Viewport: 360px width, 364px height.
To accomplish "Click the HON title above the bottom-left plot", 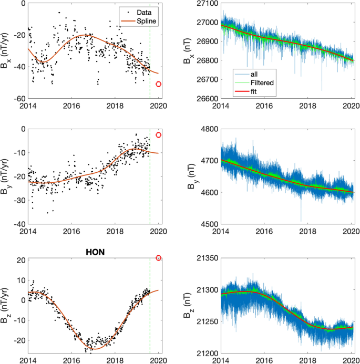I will [95, 251].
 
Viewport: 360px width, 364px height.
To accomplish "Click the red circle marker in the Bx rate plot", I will [159, 84].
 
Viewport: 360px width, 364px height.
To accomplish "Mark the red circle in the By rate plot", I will [159, 135].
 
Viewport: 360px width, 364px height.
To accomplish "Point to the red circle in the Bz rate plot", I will [159, 258].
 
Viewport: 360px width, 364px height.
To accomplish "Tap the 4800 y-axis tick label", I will [209, 129].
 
